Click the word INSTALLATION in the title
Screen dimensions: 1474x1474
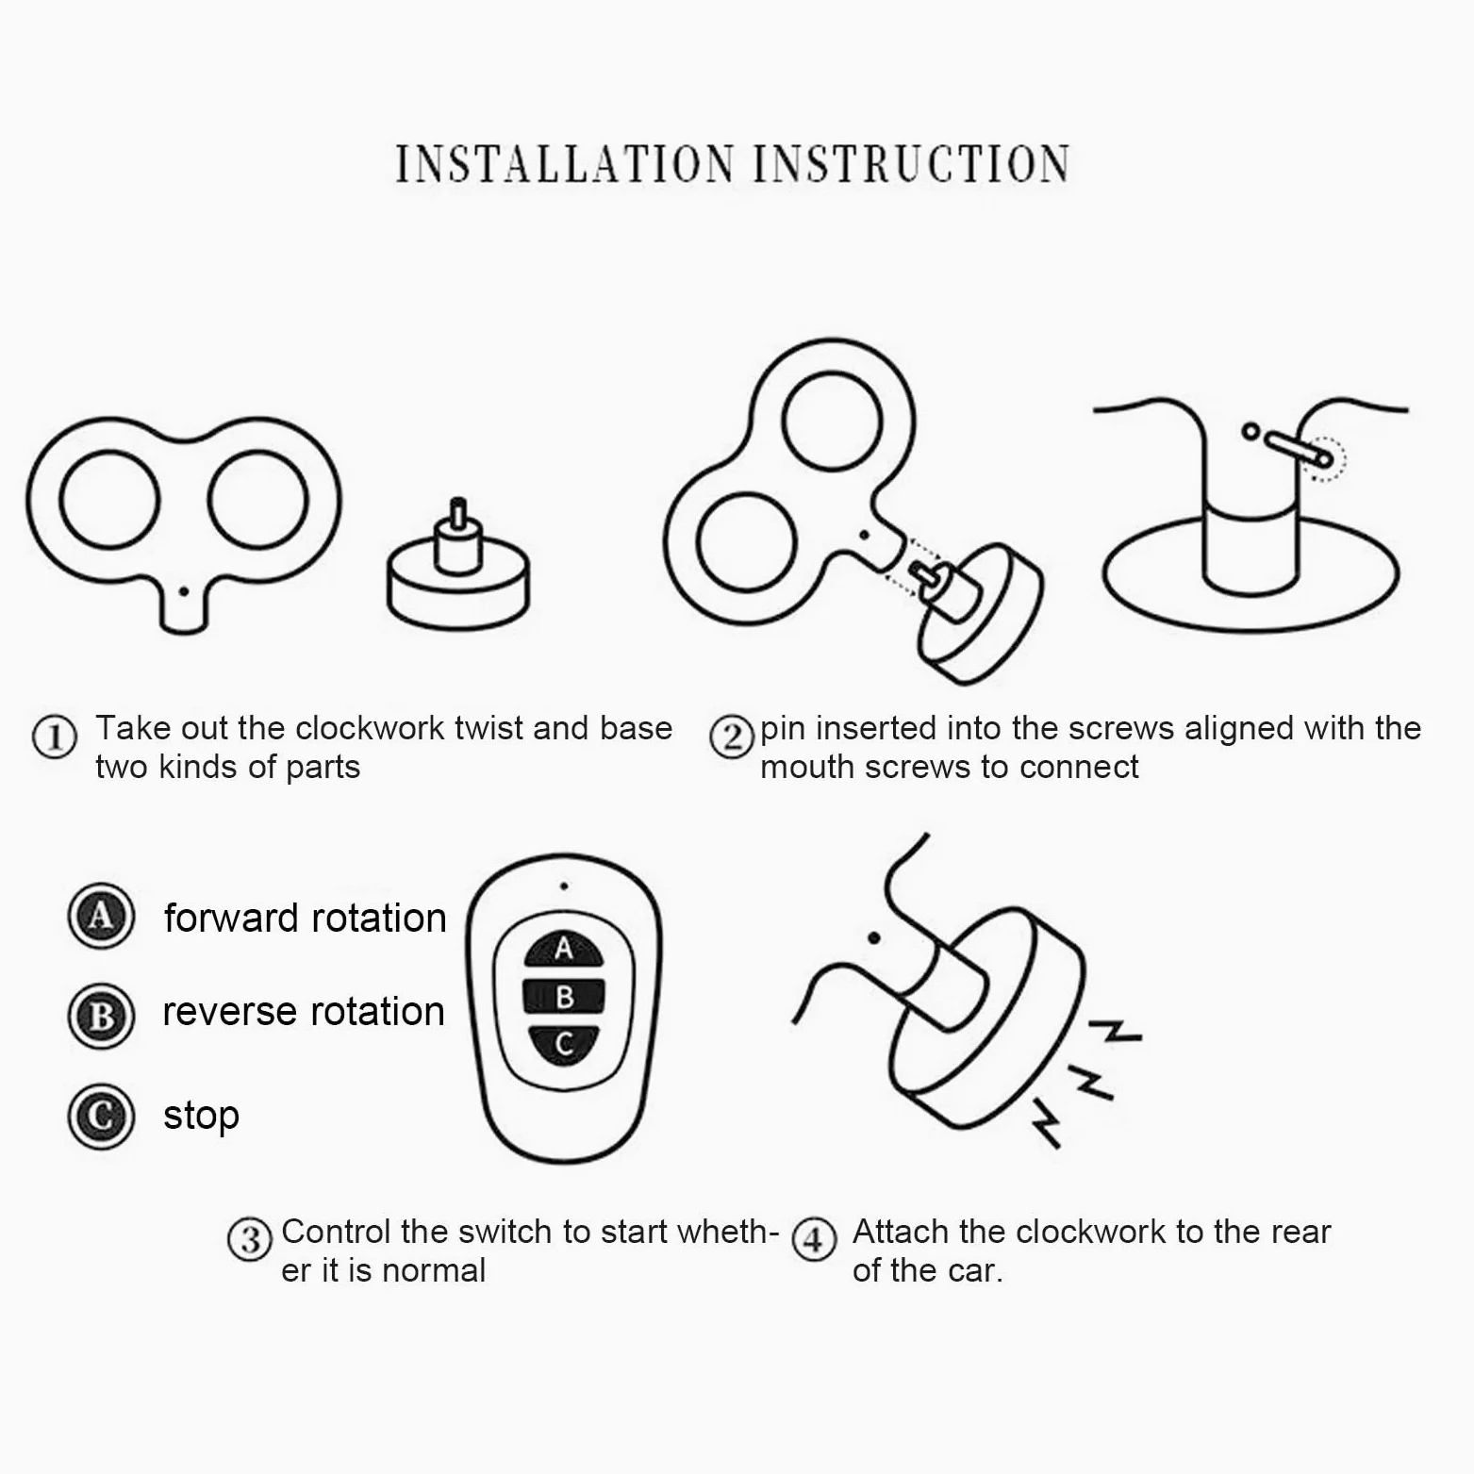[564, 164]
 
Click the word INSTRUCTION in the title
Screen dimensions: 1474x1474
[911, 164]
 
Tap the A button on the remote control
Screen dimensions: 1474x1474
[564, 948]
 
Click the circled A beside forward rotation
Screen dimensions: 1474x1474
[101, 916]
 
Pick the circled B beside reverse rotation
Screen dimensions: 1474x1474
[101, 1016]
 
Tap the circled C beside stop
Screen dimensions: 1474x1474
[101, 1116]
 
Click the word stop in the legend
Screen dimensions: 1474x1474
[201, 1116]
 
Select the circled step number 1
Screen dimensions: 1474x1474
[54, 737]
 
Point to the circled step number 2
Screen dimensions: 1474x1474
[732, 737]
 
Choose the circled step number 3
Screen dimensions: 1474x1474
[250, 1239]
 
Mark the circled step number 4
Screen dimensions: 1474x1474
[814, 1239]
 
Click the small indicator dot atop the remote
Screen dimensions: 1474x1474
[563, 886]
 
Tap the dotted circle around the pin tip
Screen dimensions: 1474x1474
[1324, 459]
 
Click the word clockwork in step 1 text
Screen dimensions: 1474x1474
[370, 728]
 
